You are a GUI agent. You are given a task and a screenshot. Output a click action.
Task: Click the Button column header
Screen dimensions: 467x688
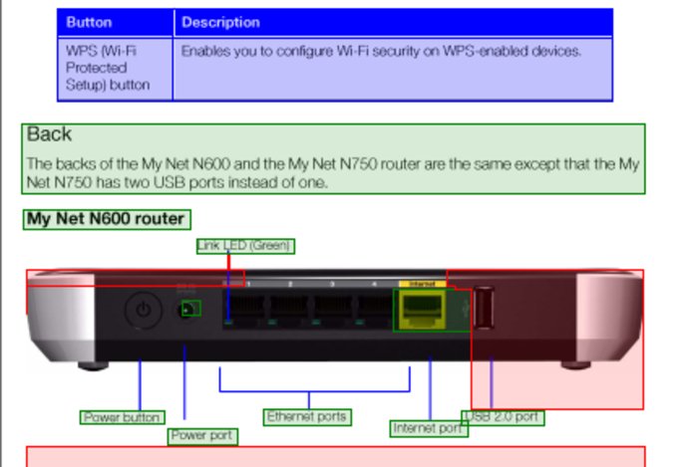(89, 22)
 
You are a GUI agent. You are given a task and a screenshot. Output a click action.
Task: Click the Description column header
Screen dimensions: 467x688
(220, 22)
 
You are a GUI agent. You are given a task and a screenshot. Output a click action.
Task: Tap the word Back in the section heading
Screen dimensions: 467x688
(50, 134)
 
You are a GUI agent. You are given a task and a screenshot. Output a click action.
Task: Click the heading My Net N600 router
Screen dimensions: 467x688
(106, 218)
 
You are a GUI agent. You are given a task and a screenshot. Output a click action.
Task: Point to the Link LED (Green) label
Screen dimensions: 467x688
(245, 246)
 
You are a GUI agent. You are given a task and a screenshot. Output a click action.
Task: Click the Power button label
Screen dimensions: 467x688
(123, 417)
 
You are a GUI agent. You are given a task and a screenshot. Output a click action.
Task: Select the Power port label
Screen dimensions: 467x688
(202, 435)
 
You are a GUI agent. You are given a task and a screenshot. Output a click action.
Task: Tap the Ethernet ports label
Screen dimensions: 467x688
(306, 416)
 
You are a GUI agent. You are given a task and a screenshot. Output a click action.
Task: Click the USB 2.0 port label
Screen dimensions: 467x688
(504, 416)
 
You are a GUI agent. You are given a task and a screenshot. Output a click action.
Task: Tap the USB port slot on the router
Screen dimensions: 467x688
(483, 308)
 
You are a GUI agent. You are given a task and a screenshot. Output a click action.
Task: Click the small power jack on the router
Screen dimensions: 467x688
(188, 309)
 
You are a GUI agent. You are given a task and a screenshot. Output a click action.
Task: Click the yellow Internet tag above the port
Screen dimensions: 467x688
(422, 284)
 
